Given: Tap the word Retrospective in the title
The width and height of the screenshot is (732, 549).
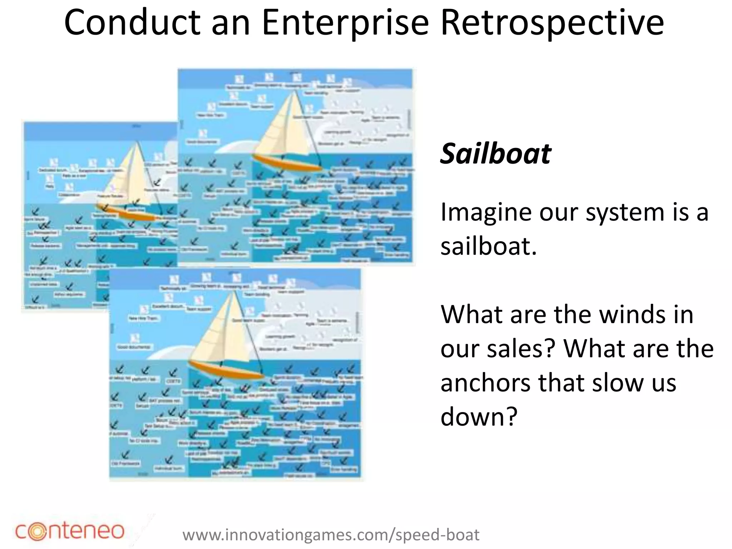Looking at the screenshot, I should (x=552, y=23).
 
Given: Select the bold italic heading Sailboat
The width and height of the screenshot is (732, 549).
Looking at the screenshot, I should (x=496, y=154).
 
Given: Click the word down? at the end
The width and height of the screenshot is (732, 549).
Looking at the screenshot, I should (x=479, y=417).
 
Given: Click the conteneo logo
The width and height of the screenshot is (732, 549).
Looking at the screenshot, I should (x=70, y=531).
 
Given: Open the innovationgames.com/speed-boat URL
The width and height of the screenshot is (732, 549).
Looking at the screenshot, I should (x=331, y=535).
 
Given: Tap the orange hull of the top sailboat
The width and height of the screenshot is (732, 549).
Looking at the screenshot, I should (x=286, y=163).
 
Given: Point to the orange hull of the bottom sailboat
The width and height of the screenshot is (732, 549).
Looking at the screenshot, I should (x=225, y=370).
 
